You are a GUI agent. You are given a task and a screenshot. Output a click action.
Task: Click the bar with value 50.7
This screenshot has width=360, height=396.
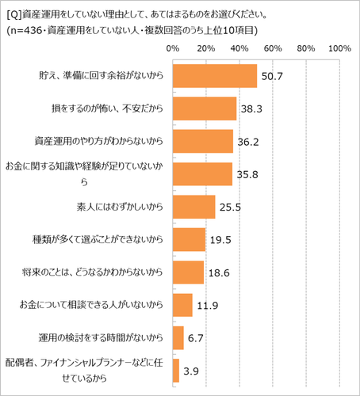click(214, 77)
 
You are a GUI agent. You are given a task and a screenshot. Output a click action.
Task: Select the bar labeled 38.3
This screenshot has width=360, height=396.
click(204, 109)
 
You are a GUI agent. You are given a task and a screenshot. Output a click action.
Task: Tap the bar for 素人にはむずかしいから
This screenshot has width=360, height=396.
click(193, 207)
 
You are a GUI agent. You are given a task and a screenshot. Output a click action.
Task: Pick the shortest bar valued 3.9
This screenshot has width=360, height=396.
click(175, 370)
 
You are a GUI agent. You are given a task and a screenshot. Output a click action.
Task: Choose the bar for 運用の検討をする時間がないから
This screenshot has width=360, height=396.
click(178, 337)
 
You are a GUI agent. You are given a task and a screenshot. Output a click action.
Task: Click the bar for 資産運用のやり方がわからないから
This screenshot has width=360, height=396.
click(202, 141)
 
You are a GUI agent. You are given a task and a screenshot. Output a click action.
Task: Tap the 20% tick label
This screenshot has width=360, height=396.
click(205, 49)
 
